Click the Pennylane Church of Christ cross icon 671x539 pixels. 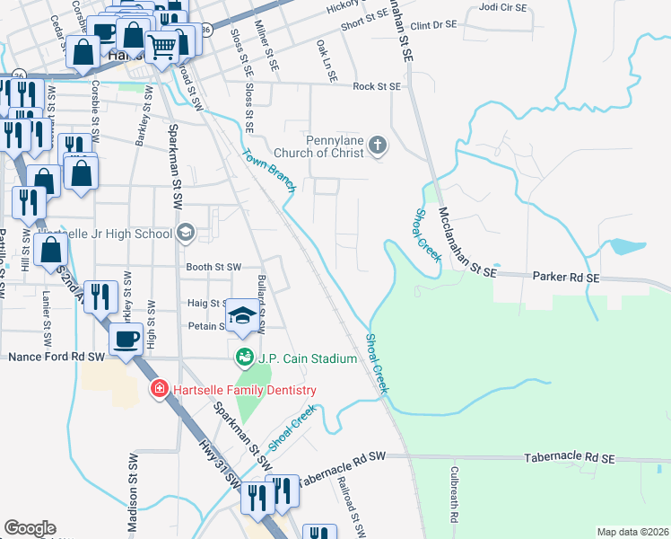coord(379,144)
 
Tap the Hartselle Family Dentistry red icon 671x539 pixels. coord(158,389)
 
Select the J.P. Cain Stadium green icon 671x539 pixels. coord(243,358)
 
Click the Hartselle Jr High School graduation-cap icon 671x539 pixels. coord(185,234)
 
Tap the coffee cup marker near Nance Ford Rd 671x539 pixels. coord(126,339)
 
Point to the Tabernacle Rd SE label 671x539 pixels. coord(570,458)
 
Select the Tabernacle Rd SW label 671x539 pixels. coord(341,469)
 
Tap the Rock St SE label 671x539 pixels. coord(376,86)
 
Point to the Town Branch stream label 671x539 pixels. coord(269,171)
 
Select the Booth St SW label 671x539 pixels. coord(213,267)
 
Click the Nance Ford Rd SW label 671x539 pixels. coord(57,357)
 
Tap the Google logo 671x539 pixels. coord(30,528)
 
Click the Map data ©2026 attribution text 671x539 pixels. coord(632,532)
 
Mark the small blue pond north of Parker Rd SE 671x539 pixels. coord(625,246)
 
